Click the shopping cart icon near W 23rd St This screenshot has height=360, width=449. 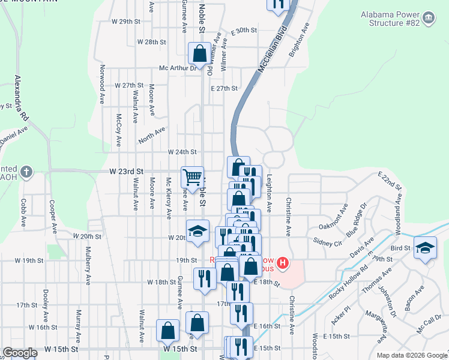point(192,177)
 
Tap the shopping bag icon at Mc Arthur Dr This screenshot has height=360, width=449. point(199,53)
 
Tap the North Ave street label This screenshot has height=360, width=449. point(151,135)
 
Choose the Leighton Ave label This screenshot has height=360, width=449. point(270,193)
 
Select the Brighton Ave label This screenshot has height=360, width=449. point(298,40)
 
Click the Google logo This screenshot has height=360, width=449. point(20,353)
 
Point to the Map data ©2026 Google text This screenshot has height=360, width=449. point(411,355)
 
